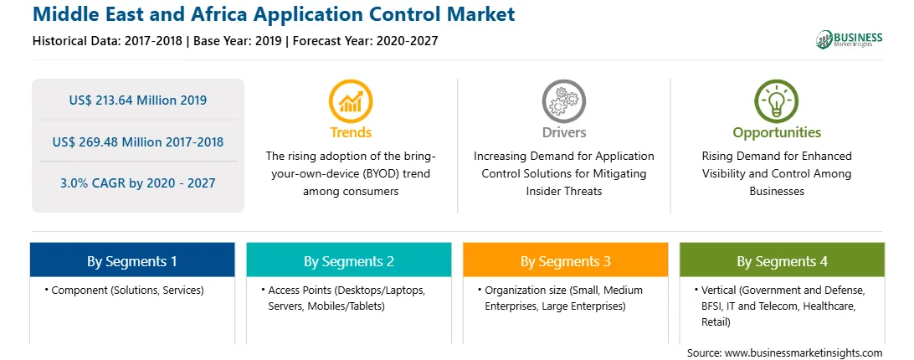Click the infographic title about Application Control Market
(274, 14)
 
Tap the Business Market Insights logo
(850, 39)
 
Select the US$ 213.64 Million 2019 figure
(137, 100)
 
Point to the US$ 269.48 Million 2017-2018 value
(137, 141)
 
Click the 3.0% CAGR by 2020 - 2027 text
(137, 183)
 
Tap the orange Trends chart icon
(351, 101)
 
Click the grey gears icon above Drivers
(563, 101)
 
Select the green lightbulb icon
(777, 101)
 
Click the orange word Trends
(351, 132)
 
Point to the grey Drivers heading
(563, 132)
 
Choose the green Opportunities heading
(777, 133)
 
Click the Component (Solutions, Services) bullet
(124, 290)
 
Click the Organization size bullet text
(559, 298)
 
